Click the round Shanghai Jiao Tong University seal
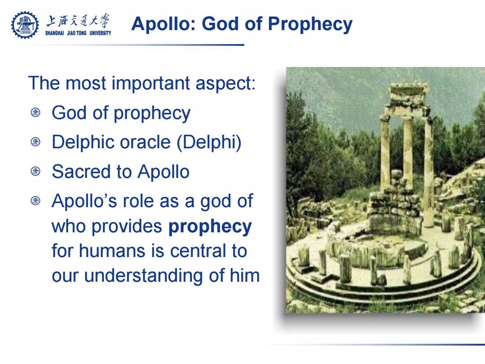(x=25, y=25)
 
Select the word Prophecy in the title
(x=310, y=25)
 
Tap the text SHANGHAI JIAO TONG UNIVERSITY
(x=78, y=33)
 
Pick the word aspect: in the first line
(x=226, y=84)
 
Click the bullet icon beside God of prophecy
(x=35, y=112)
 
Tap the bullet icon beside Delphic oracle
(x=35, y=142)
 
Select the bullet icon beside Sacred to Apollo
(x=35, y=171)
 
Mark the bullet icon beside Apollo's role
(x=35, y=200)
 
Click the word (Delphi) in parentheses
(x=209, y=143)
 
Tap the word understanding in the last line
(x=144, y=276)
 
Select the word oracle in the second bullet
(x=145, y=142)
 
